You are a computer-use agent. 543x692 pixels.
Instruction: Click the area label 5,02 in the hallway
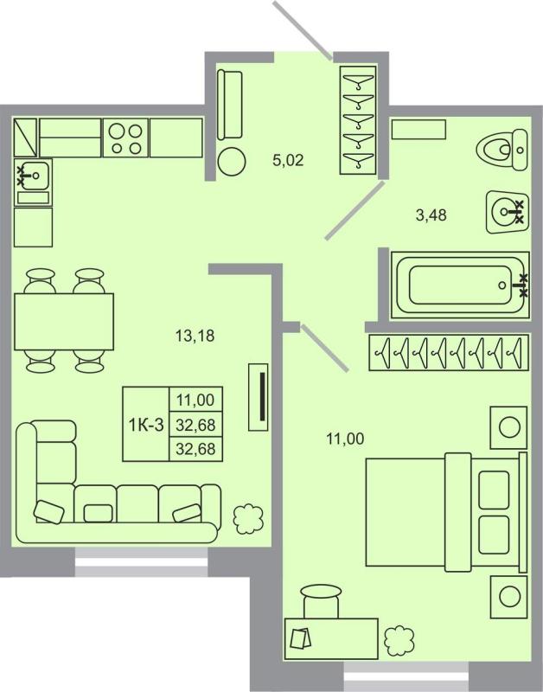289,159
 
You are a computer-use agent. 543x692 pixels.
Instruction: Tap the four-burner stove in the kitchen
125,137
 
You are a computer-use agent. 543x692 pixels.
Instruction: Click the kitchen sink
33,176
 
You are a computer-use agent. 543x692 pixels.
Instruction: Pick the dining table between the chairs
63,321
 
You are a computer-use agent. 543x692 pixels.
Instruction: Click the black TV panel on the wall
258,396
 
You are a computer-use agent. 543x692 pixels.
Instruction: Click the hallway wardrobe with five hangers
358,120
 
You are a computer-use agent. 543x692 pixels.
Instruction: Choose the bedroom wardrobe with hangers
448,351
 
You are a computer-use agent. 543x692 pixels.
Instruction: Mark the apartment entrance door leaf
303,31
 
